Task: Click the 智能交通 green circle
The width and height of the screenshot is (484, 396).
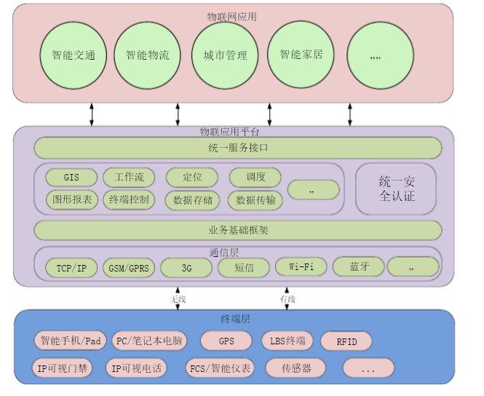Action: [x=73, y=55]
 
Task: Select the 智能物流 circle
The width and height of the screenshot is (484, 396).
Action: [x=147, y=55]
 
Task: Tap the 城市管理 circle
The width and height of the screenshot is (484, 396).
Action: [x=225, y=55]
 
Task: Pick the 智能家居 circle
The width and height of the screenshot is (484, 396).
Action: [x=301, y=55]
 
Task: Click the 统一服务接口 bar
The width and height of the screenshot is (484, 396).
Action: [x=238, y=148]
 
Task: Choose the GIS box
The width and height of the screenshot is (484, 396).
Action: [x=71, y=178]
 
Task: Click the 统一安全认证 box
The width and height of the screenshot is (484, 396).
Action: [x=396, y=189]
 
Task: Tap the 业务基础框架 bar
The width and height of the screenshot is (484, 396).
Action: [x=238, y=230]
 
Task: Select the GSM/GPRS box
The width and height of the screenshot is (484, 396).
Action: [x=128, y=269]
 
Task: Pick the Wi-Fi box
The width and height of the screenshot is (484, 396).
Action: [x=301, y=266]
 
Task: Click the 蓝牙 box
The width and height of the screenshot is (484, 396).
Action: [x=359, y=267]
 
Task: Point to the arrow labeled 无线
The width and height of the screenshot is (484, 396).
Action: [x=178, y=299]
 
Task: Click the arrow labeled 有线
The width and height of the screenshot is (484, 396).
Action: [x=288, y=299]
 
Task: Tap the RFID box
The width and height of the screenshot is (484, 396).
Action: [x=346, y=341]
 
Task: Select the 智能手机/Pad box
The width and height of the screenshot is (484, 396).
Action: [x=70, y=341]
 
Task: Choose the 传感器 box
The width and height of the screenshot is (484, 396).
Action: [x=297, y=368]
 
